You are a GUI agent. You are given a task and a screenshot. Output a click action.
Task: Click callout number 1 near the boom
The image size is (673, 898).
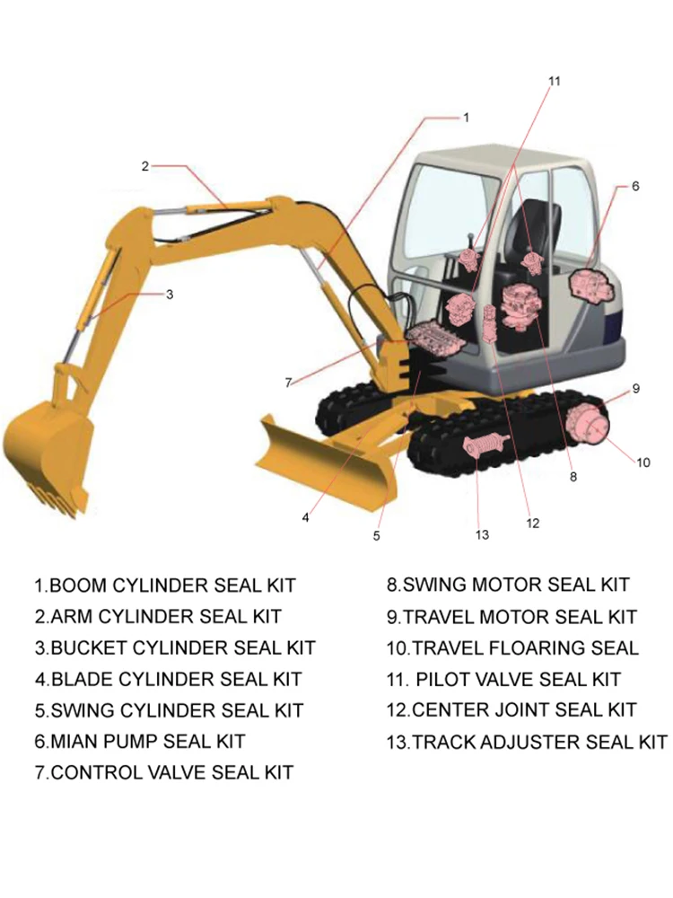point(466,118)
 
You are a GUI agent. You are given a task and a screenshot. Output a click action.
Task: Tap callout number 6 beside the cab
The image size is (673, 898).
point(635,187)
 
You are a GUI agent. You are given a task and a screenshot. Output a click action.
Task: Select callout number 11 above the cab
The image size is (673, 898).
point(554,82)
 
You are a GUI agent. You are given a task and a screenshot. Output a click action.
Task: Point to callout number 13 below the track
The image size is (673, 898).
point(482,535)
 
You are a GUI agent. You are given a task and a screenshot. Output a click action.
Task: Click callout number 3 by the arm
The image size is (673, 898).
point(169,294)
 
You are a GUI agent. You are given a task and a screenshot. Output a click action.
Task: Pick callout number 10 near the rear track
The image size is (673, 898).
point(643,463)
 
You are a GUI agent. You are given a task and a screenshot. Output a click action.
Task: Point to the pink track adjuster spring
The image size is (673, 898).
point(485,445)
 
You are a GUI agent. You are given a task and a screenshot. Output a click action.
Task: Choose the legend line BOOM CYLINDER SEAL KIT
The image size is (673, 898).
point(165,586)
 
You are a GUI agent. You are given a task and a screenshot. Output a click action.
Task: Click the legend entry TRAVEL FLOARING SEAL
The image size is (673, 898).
point(512,648)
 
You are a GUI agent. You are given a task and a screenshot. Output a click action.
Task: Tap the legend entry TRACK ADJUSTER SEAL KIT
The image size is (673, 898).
point(527,742)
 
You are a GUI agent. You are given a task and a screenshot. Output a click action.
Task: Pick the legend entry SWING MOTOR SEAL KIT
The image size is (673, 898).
point(508,585)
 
